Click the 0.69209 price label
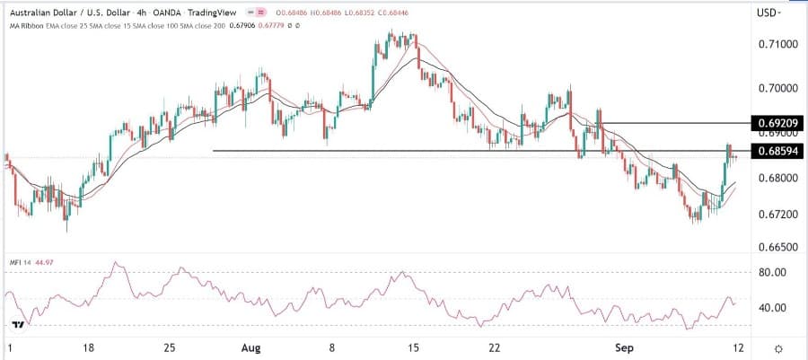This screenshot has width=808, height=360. pyautogui.click(x=777, y=122)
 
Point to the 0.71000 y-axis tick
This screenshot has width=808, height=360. pyautogui.click(x=777, y=44)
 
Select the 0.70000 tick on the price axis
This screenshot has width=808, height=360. pyautogui.click(x=777, y=89)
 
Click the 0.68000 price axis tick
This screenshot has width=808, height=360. pyautogui.click(x=777, y=178)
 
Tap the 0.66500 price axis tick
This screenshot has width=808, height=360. pyautogui.click(x=777, y=245)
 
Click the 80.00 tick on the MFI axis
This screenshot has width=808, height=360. pyautogui.click(x=773, y=272)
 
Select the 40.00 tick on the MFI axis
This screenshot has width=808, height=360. pyautogui.click(x=773, y=308)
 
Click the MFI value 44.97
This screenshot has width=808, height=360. pyautogui.click(x=41, y=261)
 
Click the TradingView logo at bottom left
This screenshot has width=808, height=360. pyautogui.click(x=17, y=323)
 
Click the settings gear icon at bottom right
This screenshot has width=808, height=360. pyautogui.click(x=777, y=347)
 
